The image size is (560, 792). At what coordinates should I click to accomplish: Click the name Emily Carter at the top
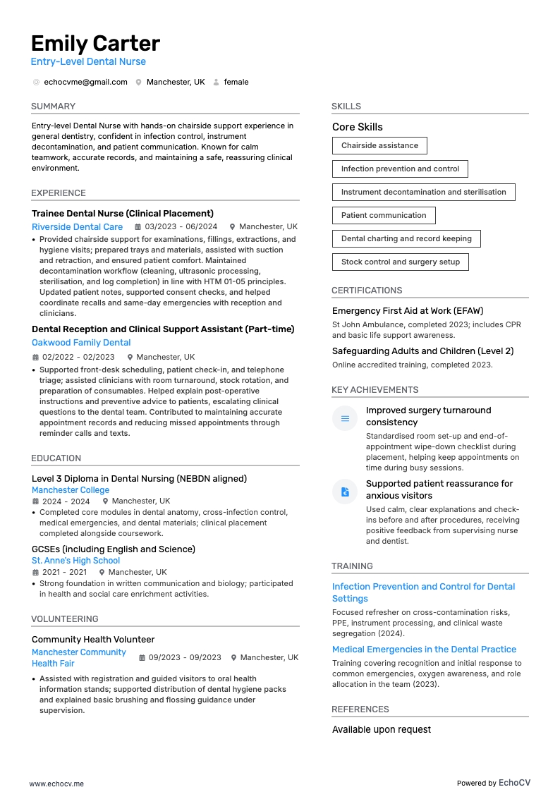[95, 44]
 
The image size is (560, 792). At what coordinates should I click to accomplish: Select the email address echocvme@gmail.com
[85, 82]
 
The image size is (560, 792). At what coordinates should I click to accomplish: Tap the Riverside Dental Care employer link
[77, 227]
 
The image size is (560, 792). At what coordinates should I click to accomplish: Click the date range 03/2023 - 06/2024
[181, 227]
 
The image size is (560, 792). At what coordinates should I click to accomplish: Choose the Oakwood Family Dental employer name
[81, 343]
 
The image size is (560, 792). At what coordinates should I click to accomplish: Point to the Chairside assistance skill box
[379, 146]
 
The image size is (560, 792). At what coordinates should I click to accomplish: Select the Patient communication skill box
[384, 216]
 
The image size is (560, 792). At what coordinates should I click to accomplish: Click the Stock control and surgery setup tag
[400, 262]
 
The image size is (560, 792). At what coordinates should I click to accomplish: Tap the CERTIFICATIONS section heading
[367, 291]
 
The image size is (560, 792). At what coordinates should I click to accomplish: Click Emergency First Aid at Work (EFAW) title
[408, 311]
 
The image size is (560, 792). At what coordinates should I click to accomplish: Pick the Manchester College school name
[71, 490]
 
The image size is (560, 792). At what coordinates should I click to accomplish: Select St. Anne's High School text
[75, 561]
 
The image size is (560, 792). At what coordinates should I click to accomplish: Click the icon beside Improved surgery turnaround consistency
[345, 419]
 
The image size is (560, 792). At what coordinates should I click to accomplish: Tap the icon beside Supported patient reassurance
[345, 492]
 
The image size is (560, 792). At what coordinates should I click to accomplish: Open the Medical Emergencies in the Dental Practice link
[424, 650]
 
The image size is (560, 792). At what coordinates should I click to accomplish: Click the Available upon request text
[382, 730]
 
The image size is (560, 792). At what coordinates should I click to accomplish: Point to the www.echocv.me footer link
[56, 784]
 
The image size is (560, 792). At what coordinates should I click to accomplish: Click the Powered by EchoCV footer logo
[493, 783]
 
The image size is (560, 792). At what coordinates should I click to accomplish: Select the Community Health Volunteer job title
[93, 640]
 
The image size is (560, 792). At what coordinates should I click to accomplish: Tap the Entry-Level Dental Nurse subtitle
[88, 62]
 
